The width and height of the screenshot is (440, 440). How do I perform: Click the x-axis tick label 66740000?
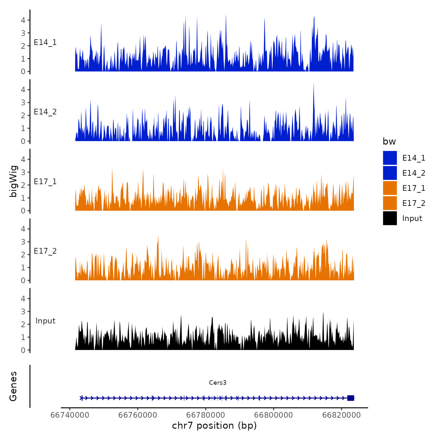70,415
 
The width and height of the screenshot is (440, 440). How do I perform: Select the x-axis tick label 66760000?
138,415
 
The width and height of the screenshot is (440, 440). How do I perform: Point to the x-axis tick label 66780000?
206,415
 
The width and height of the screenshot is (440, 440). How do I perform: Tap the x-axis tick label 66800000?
274,415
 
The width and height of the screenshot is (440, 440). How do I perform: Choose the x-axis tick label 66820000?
342,415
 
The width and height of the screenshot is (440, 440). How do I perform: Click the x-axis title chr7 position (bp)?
214,426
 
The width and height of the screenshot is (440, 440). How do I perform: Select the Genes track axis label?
13,386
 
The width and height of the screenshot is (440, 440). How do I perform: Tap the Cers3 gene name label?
217,382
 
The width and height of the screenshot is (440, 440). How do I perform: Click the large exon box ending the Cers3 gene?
351,398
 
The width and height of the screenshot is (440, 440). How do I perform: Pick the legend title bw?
389,141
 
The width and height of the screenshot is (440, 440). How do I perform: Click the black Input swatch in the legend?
390,218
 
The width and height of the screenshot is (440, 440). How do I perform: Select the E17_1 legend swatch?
390,188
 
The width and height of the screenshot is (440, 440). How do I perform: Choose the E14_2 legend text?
414,173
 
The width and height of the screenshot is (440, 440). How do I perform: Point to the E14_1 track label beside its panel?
45,42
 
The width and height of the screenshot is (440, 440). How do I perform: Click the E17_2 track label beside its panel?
45,251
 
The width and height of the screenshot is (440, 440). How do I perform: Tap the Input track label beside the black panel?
45,321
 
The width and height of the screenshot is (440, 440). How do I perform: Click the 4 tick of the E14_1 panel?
23,20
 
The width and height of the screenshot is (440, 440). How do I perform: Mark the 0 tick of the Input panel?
23,350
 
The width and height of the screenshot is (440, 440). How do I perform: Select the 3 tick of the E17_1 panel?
23,172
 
